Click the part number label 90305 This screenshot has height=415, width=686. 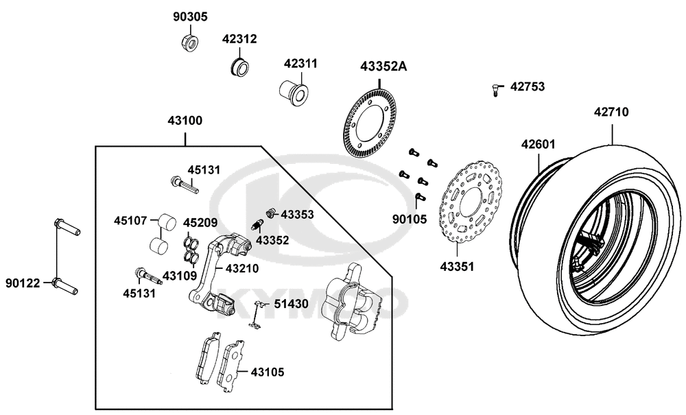point(190,16)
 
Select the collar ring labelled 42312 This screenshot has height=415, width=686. point(239,67)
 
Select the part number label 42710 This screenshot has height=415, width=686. point(611,111)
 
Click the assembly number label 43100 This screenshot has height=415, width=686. point(185,121)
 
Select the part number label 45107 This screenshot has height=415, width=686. point(130,221)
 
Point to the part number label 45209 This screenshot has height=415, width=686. point(200,223)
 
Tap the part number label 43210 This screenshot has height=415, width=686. point(241,268)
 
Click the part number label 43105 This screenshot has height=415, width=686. point(268,372)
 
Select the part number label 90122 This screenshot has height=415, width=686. point(23,283)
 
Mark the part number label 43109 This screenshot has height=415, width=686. point(180,276)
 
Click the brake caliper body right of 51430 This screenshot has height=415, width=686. point(354,302)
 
